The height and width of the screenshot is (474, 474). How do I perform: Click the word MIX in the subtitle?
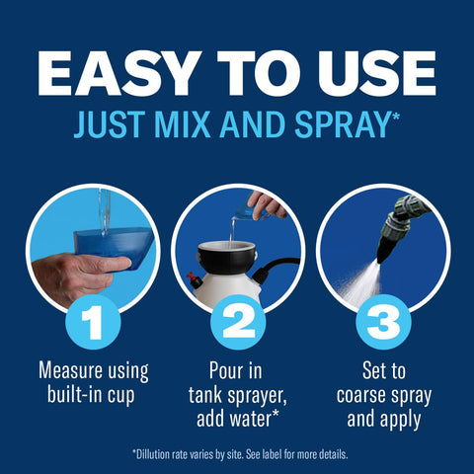tap(182, 124)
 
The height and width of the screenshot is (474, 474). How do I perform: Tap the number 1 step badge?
tap(93, 322)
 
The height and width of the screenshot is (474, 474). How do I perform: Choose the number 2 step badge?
tap(238, 322)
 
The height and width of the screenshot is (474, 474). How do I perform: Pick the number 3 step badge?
tap(383, 322)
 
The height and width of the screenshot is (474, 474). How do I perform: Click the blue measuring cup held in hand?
tap(114, 245)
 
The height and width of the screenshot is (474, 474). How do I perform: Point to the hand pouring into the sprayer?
tap(267, 204)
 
